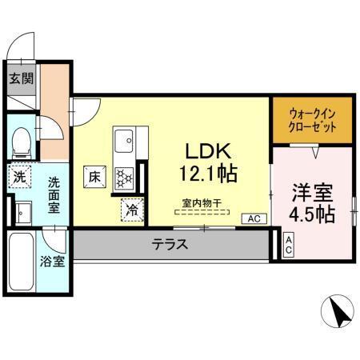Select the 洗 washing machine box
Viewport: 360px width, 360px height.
(18, 178)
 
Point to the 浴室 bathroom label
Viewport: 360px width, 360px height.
(54, 262)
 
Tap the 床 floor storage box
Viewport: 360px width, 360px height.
(94, 175)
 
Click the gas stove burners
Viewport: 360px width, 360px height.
(125, 177)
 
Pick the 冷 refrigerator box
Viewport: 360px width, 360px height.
(130, 210)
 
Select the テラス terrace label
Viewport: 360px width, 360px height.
(170, 245)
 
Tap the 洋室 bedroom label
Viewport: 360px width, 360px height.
(313, 193)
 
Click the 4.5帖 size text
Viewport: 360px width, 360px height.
(313, 214)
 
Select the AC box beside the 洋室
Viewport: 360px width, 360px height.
(288, 245)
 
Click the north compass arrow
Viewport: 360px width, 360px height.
(339, 312)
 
